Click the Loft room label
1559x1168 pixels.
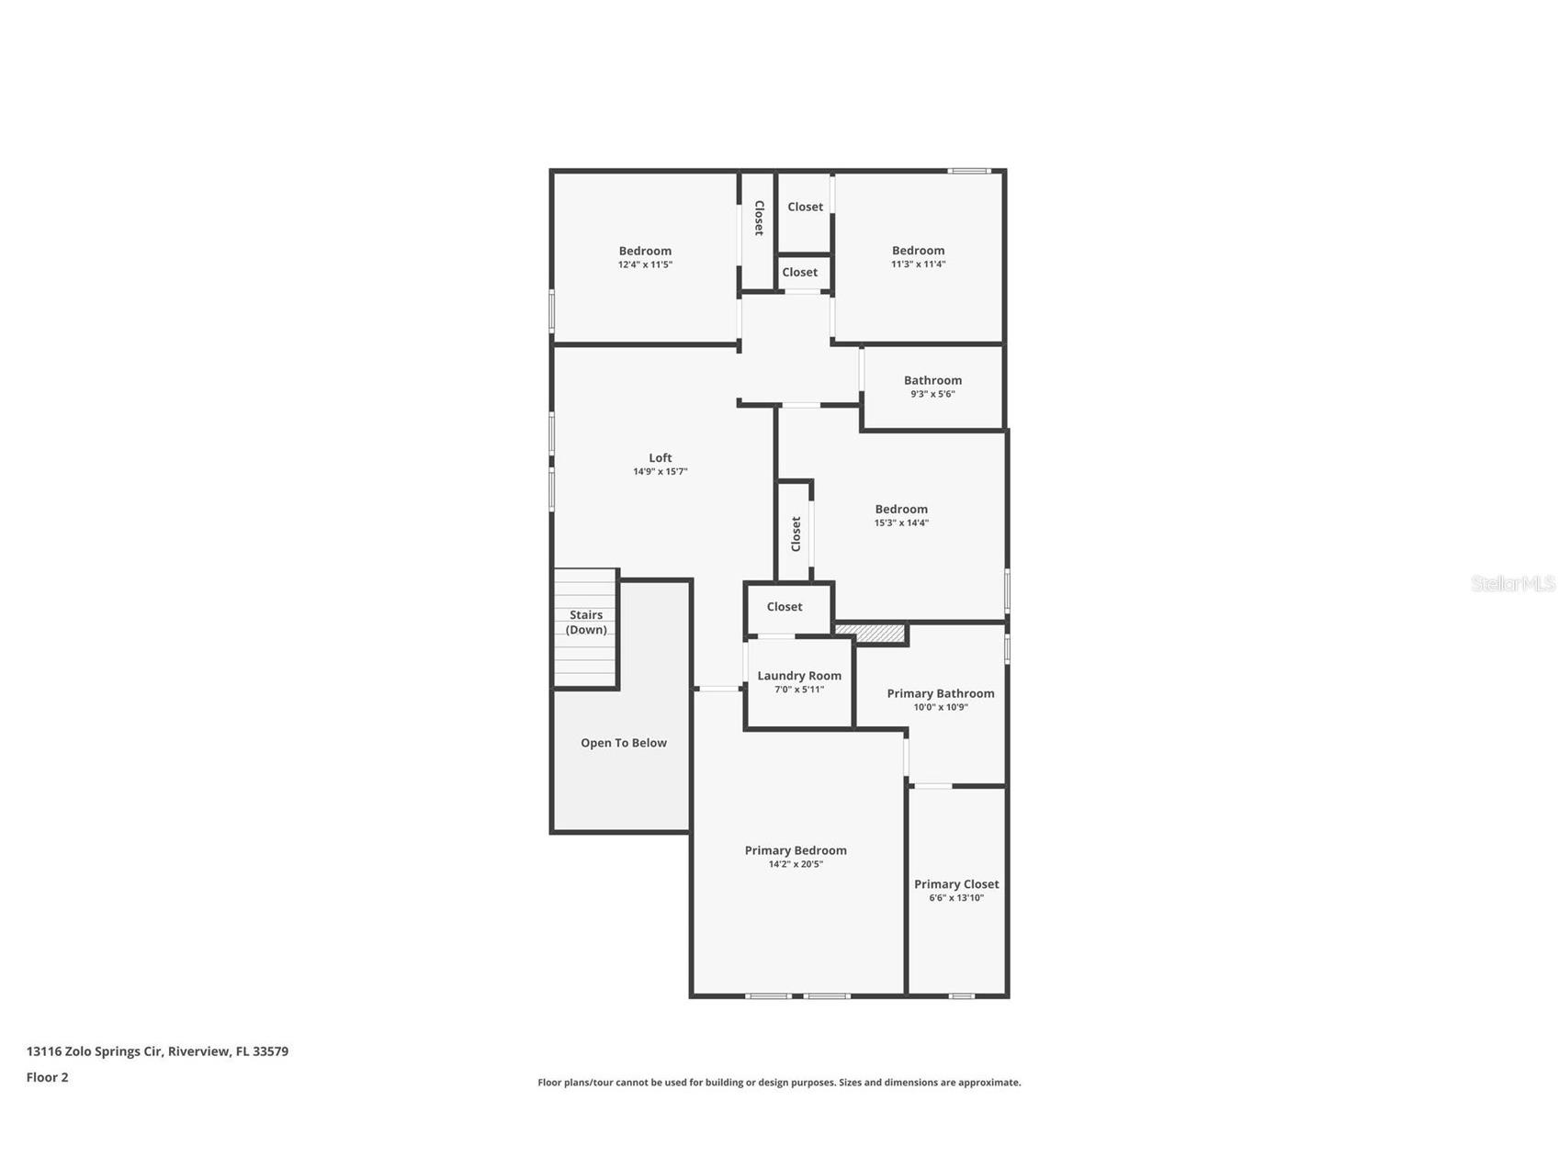[660, 457]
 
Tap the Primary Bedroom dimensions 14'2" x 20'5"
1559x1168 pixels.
[796, 864]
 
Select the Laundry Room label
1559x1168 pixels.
[798, 676]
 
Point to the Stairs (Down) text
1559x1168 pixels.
[586, 622]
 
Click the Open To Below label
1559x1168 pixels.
[623, 743]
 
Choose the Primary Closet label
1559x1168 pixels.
[955, 884]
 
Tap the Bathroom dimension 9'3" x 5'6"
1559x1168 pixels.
[932, 394]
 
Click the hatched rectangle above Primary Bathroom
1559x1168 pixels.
[870, 633]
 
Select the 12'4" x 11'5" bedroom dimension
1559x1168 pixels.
[645, 264]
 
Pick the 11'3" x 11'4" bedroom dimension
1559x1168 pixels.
[918, 264]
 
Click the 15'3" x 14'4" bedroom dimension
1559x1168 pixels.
[900, 522]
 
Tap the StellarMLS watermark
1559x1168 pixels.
[1512, 584]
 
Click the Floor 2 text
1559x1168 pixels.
[47, 1077]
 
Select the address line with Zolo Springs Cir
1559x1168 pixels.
[157, 1051]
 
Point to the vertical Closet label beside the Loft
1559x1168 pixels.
[796, 533]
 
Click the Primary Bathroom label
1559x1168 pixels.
[940, 693]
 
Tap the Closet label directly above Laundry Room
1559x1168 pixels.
[784, 607]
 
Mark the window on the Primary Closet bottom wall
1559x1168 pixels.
[961, 995]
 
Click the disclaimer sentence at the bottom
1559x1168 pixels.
[779, 1083]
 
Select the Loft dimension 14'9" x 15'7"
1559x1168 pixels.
[660, 472]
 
